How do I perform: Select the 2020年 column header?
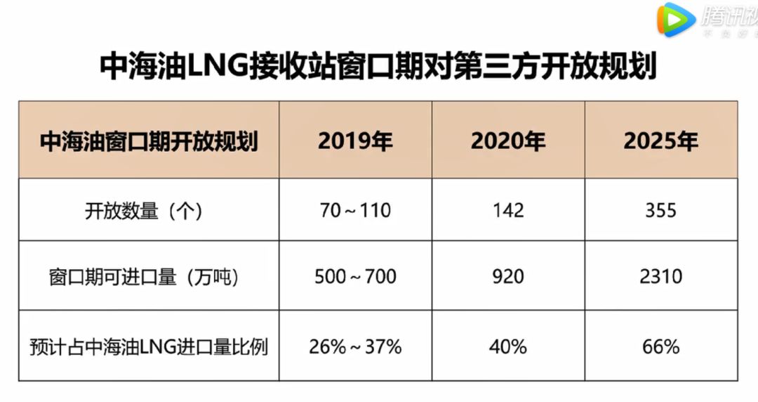pos(507,141)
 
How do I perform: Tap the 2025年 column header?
pos(660,141)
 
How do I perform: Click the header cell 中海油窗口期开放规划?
pos(149,141)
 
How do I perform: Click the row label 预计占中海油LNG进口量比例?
pos(149,346)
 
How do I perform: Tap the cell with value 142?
pos(507,211)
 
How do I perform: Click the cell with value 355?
pos(660,211)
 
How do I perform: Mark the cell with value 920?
pos(507,277)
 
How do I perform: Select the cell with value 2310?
pos(660,277)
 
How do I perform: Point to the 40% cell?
pos(507,346)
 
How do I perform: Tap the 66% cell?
pos(660,346)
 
